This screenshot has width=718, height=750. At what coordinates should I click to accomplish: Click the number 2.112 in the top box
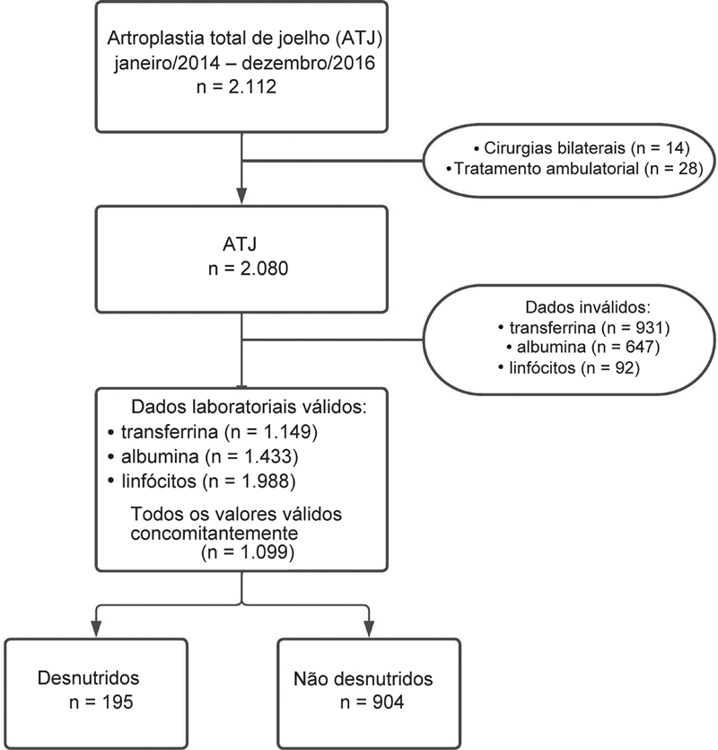click(x=252, y=87)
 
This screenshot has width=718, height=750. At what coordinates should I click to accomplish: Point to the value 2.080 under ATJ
click(x=265, y=269)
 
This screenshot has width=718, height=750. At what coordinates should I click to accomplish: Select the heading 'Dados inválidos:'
click(x=588, y=306)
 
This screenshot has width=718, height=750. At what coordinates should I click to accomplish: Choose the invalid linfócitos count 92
click(x=624, y=367)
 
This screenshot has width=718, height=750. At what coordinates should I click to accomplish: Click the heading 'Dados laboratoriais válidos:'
click(x=249, y=407)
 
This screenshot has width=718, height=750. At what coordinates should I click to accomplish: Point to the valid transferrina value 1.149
click(x=287, y=431)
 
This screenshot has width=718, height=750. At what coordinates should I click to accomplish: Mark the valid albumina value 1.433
click(x=267, y=456)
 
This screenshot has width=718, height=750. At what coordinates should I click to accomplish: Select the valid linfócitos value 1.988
click(x=265, y=481)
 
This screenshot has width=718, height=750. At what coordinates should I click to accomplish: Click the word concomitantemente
click(x=215, y=533)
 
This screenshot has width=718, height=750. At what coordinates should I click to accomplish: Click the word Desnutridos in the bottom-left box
click(x=89, y=678)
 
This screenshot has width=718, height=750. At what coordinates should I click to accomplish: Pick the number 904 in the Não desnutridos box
click(x=387, y=701)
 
